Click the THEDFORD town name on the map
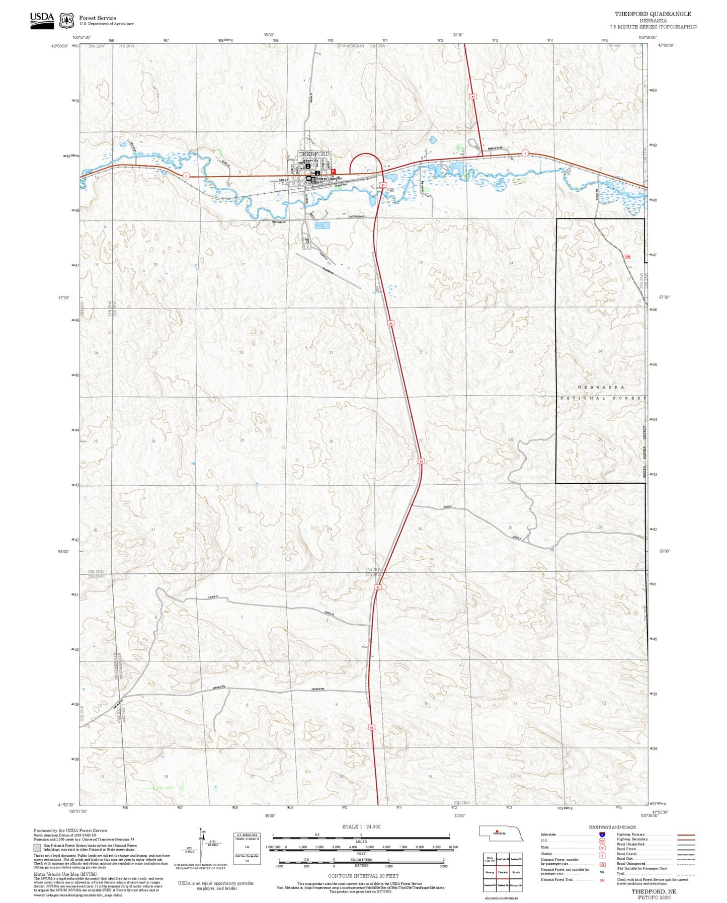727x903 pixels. (x=315, y=154)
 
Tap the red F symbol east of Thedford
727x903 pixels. (x=333, y=171)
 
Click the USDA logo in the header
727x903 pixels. (x=42, y=20)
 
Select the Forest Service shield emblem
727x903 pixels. (x=66, y=21)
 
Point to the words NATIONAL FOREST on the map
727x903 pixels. (x=603, y=398)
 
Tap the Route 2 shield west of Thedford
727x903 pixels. (x=186, y=176)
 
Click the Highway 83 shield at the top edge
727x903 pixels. (x=473, y=96)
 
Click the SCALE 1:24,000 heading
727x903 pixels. (x=361, y=826)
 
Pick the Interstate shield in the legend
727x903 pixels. (x=602, y=834)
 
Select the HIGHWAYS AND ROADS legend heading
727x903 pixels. (x=612, y=827)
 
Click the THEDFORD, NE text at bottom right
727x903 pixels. (x=654, y=891)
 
